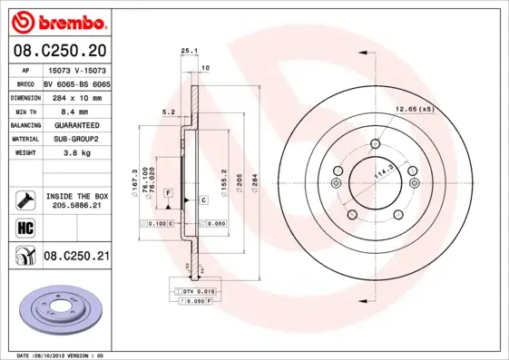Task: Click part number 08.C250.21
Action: click(76, 257)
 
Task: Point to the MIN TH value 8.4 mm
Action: click(69, 111)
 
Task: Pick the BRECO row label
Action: click(25, 83)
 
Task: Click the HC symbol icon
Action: click(25, 227)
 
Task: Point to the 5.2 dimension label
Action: click(168, 112)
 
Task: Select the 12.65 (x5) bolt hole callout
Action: click(414, 110)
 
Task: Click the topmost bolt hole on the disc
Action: click(376, 142)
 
